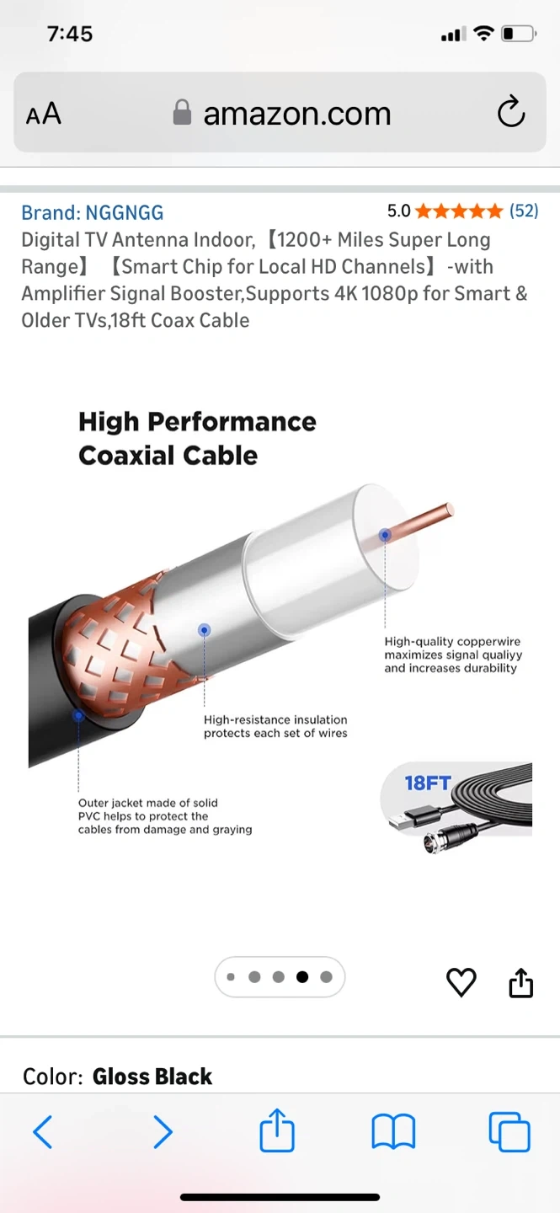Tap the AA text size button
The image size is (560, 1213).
coord(43,113)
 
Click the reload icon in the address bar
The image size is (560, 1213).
coord(510,111)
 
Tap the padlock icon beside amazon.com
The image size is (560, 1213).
coord(182,113)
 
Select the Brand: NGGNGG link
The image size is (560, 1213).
coord(92,213)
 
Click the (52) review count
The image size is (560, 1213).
coord(524,210)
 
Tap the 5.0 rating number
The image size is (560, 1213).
coord(398,211)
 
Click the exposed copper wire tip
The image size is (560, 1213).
coord(449,509)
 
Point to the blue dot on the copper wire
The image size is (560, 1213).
coord(385,536)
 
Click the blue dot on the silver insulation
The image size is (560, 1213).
coord(204,630)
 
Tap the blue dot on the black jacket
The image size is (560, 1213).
coord(78,716)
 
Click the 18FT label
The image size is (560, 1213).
coord(428,783)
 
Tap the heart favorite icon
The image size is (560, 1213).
coord(461,982)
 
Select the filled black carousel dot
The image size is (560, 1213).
coord(302,977)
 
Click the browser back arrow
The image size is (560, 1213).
coord(43,1132)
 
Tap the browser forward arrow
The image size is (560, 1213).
coord(163,1132)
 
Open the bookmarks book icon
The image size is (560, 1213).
coord(393,1132)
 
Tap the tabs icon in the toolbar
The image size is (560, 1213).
coord(509,1132)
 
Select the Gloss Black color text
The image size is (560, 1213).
coord(152,1077)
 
